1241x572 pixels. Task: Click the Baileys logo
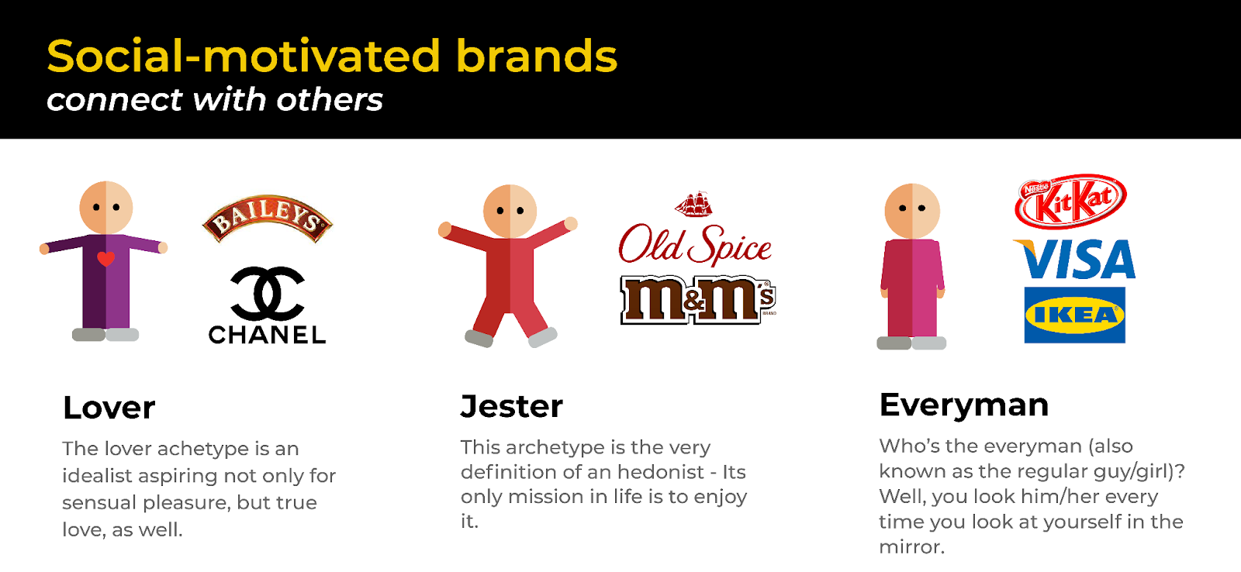coord(268,219)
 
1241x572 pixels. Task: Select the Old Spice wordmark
coord(695,245)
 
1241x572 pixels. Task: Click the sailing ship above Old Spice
coord(693,204)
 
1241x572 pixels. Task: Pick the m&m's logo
coord(697,299)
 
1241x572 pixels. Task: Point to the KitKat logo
coord(1070,202)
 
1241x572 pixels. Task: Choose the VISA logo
coord(1075,260)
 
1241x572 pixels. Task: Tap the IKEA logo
coord(1074,315)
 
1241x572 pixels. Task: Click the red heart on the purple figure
coord(106,259)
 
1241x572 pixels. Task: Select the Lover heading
coord(109,408)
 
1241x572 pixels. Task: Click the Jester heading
coord(512,406)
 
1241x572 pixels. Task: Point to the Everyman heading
coord(964,405)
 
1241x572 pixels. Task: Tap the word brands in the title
coord(537,57)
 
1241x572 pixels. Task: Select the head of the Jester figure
coord(510,211)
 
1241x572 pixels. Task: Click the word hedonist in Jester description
coord(659,472)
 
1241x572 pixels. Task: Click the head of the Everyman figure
coord(912,210)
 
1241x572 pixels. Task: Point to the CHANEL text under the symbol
coord(268,335)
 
